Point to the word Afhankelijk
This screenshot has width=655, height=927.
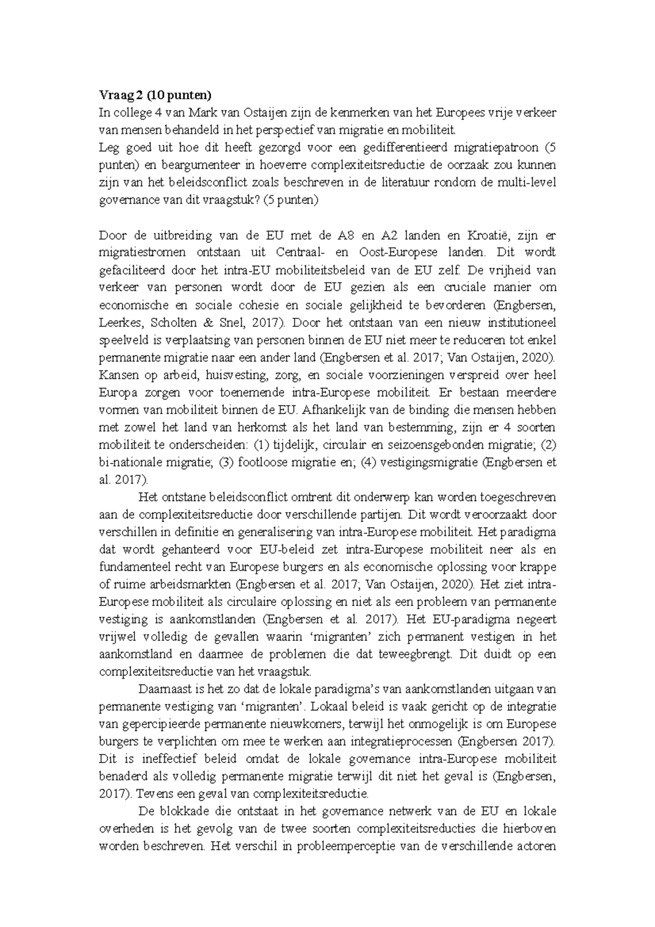pos(327,410)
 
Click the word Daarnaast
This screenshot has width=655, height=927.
pos(162,690)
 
